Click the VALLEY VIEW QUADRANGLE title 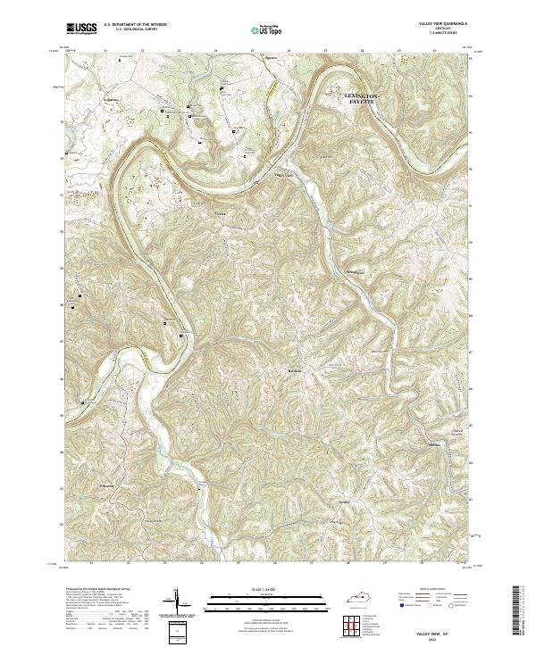442,24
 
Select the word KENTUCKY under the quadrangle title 442,29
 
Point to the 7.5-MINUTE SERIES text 442,33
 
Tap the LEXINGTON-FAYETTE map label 363,98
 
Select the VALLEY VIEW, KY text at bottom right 443,630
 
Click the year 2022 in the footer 443,636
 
